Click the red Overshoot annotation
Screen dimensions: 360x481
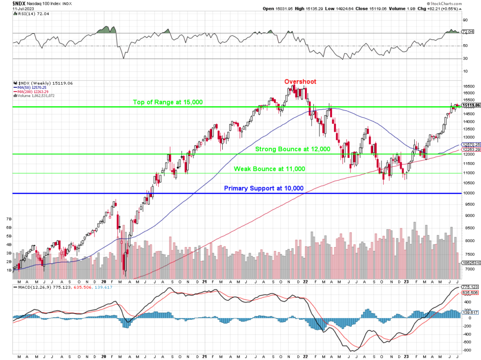(x=300, y=81)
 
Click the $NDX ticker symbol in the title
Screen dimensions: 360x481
(x=9, y=3)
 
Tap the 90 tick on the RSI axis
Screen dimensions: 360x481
(x=465, y=20)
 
